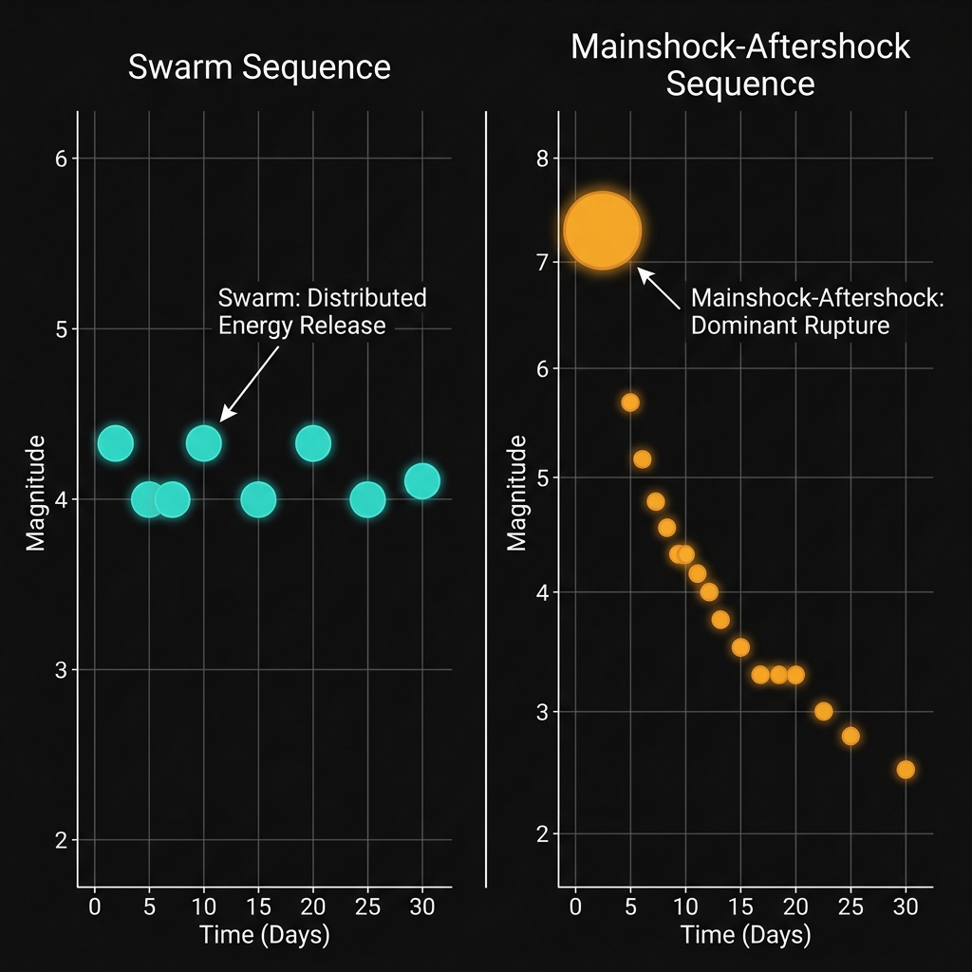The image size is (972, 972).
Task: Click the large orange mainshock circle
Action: tap(603, 231)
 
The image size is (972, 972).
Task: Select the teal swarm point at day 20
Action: tap(312, 443)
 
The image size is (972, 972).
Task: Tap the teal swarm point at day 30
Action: tap(421, 481)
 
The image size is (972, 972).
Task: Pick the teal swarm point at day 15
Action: tap(258, 499)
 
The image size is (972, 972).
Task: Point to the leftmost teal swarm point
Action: tap(115, 443)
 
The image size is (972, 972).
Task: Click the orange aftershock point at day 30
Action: tap(906, 769)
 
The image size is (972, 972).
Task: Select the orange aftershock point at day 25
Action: tap(850, 736)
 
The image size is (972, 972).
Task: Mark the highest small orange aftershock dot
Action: tap(630, 402)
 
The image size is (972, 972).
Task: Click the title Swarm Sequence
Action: tap(260, 67)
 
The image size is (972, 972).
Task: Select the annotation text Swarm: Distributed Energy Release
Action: tap(323, 311)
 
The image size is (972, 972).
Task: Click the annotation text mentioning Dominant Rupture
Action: tap(817, 311)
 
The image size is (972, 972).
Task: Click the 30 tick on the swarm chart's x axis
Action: tap(421, 907)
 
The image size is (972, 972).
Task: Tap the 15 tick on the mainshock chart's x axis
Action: tap(740, 907)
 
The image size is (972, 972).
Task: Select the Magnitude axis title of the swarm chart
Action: tap(36, 493)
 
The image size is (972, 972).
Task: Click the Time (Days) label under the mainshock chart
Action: tap(746, 935)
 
